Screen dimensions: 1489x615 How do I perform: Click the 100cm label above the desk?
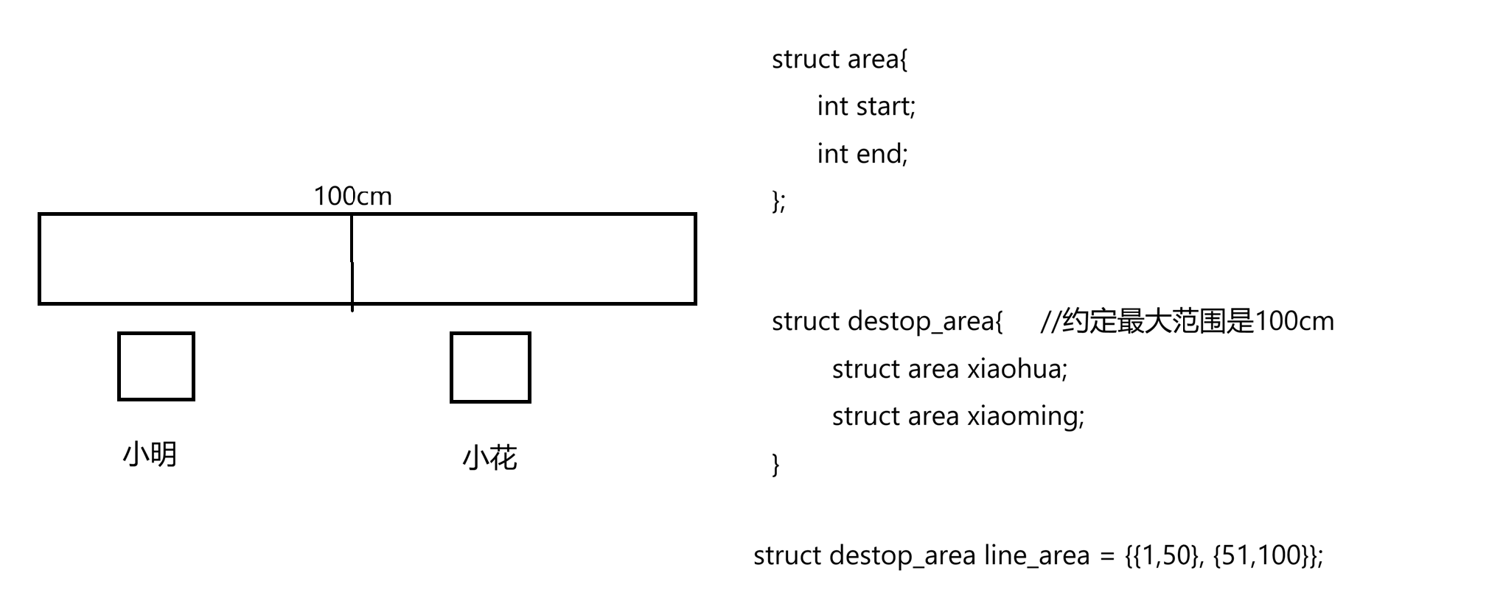tap(352, 196)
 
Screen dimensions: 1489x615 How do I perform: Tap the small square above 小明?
tap(156, 367)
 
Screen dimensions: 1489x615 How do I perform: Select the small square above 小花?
tap(490, 368)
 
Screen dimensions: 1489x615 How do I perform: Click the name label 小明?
tap(150, 454)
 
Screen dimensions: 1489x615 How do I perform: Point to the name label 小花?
tap(490, 458)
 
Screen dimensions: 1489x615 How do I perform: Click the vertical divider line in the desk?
tap(352, 261)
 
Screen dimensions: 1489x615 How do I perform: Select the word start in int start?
tap(884, 107)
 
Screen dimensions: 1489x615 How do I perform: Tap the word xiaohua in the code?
tap(1014, 369)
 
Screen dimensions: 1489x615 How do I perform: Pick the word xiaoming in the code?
tap(1023, 416)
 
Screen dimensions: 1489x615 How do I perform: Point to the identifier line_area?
tap(1036, 555)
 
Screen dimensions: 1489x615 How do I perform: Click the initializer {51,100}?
tap(1259, 555)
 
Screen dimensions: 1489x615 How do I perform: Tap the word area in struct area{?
tap(873, 60)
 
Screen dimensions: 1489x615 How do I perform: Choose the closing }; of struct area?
tap(778, 200)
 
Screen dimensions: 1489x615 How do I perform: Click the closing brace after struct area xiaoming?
tap(775, 464)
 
